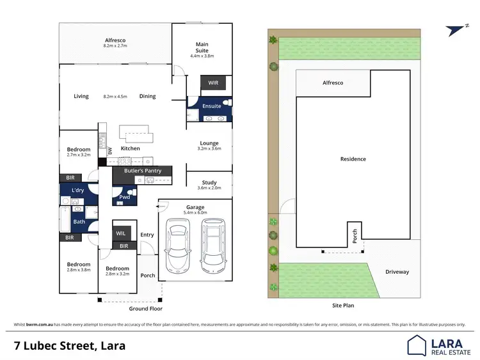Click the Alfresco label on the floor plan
point(115,39)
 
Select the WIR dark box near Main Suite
point(212,82)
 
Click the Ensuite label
point(211,106)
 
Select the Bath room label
point(79,222)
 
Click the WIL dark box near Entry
point(121,233)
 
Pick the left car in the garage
point(177,246)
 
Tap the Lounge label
point(209,143)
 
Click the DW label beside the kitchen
point(110,151)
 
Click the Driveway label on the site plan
point(397,272)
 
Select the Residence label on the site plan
point(353,159)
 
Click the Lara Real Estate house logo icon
point(417,345)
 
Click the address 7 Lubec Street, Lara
point(70,346)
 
